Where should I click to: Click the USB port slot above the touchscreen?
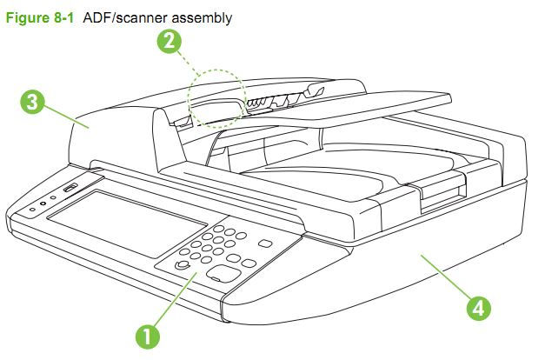pyautogui.click(x=70, y=189)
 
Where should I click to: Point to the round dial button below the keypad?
pyautogui.click(x=182, y=264)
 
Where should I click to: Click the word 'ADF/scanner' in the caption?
pyautogui.click(x=121, y=17)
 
